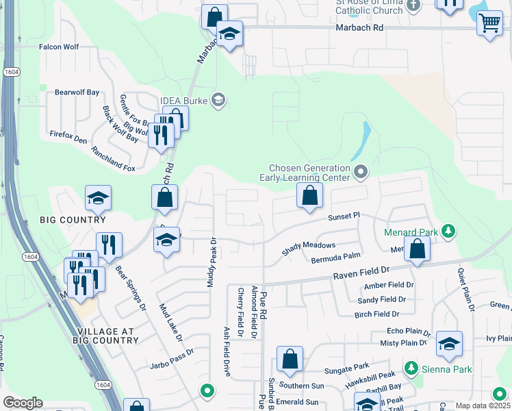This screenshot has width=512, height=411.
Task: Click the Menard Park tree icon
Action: [448, 232]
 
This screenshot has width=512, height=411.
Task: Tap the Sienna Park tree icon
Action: [411, 369]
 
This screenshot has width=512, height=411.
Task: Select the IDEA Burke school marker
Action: [218, 101]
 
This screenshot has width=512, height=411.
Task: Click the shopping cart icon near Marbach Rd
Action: [489, 23]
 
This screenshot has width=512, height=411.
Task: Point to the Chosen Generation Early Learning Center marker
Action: [361, 171]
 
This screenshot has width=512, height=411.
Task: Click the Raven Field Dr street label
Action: [361, 272]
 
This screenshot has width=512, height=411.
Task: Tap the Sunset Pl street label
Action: [343, 215]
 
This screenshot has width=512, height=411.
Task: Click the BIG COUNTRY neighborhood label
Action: [73, 220]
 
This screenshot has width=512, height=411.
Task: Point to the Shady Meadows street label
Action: [309, 249]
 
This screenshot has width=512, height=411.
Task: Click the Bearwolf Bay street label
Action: [77, 92]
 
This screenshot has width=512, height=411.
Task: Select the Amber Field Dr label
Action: [389, 285]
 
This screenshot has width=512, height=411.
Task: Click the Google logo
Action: [23, 403]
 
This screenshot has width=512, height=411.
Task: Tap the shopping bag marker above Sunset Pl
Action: [310, 196]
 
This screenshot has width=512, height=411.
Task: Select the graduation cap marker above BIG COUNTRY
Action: [98, 199]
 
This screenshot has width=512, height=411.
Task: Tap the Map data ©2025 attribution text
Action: [482, 406]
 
